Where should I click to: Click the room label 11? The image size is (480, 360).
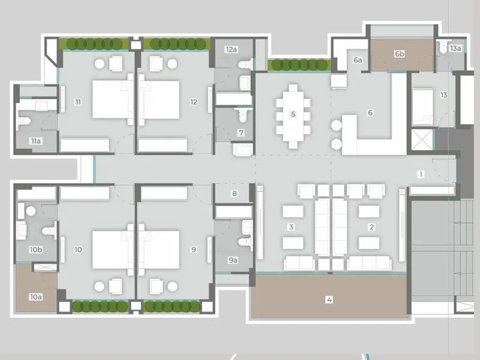coord(78,102)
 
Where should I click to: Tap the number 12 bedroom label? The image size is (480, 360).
coord(193,102)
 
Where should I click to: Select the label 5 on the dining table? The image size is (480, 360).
coord(293,114)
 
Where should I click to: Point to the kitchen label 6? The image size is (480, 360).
coord(370,113)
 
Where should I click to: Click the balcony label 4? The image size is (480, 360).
coord(329,299)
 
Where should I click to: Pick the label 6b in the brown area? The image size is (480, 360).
coord(400,54)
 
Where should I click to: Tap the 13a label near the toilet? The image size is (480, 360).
coord(455,48)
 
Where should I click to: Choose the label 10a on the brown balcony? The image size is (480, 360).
coord(35,296)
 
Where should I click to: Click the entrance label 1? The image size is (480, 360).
coord(421,175)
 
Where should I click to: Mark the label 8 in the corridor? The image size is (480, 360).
coord(235,193)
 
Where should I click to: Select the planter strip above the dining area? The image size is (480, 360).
coord(298,65)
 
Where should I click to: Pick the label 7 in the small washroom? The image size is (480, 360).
coord(241,133)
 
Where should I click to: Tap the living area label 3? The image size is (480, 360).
coord(291,227)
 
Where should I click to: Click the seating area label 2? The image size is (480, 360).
coord(371,227)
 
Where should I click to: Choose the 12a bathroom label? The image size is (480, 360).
coord(230,49)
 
